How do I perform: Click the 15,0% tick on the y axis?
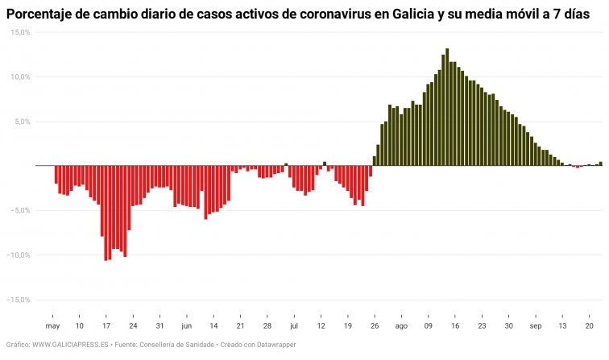(20, 32)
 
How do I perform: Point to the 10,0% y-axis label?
(20, 77)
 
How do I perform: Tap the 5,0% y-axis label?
(22, 122)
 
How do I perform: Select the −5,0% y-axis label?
(20, 210)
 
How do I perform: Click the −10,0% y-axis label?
(19, 255)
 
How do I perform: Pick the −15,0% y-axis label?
(19, 300)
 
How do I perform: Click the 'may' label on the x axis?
(52, 326)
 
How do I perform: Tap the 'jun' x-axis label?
(186, 326)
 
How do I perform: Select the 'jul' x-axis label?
(294, 326)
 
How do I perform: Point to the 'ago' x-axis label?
(401, 326)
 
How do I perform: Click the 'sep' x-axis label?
(536, 326)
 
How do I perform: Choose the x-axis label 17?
(106, 326)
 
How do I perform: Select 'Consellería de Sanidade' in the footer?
(176, 345)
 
